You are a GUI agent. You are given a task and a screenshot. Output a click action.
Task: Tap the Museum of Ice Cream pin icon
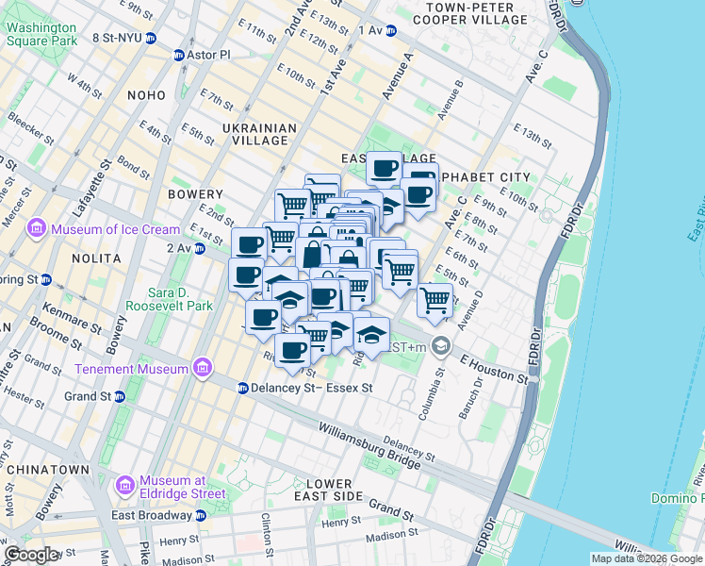click(37, 228)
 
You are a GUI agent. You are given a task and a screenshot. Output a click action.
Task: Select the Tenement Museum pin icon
click(202, 368)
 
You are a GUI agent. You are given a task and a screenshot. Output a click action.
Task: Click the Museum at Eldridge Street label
click(181, 486)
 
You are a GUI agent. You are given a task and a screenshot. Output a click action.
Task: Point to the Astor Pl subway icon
click(179, 56)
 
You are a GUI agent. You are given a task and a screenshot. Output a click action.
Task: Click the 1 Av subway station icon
click(390, 30)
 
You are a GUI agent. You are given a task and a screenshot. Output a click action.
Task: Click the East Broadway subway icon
click(201, 515)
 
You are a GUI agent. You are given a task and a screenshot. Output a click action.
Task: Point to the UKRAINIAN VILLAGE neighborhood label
click(260, 134)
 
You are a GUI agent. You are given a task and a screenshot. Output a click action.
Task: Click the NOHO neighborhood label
click(142, 95)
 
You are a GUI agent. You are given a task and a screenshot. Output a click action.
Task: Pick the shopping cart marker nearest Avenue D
click(434, 301)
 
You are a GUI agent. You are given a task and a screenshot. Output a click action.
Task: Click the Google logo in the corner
click(32, 555)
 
